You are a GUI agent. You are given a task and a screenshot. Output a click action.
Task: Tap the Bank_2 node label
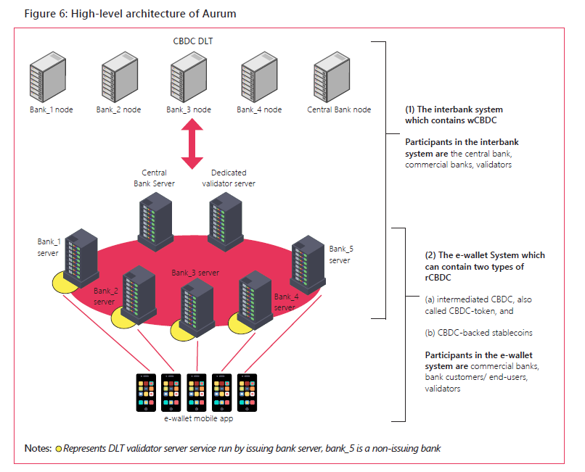[118, 110]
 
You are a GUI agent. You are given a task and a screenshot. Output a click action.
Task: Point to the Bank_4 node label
[259, 110]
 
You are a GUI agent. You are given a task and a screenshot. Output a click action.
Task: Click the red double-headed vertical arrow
[191, 144]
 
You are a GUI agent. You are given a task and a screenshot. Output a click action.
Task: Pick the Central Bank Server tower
[155, 215]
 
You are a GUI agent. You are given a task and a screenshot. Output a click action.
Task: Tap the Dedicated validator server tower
[225, 215]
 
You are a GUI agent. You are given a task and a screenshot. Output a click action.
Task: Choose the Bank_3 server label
[195, 273]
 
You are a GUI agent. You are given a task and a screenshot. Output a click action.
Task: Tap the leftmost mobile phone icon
[145, 392]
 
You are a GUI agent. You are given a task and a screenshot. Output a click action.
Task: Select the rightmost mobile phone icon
[248, 392]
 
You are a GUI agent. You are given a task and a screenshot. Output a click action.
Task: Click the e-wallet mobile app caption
[196, 420]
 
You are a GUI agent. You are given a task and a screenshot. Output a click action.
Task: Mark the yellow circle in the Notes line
[59, 449]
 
